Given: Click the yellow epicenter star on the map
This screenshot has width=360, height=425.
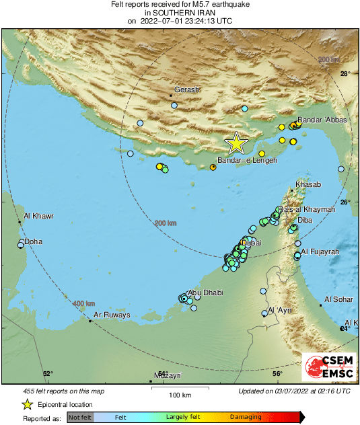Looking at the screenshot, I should (236, 143).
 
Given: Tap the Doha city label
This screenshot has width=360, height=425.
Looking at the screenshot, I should (33, 241).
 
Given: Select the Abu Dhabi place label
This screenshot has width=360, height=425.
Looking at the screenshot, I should (205, 293).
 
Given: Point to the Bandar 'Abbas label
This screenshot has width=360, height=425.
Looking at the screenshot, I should (322, 120).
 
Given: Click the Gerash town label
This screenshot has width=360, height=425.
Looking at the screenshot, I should (187, 89).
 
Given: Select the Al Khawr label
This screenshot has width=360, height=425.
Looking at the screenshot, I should (38, 217).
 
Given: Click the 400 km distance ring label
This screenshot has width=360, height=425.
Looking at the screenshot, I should (83, 303).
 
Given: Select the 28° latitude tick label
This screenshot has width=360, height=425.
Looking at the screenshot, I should (345, 74).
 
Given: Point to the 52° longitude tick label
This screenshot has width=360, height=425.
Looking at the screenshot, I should (48, 374).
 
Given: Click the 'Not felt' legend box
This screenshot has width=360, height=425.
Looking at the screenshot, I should (80, 418).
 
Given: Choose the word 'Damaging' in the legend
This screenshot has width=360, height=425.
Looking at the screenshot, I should (246, 418).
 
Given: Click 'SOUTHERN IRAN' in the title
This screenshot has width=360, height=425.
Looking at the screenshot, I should (180, 12).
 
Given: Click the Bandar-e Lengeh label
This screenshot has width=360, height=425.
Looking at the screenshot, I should (247, 161).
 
